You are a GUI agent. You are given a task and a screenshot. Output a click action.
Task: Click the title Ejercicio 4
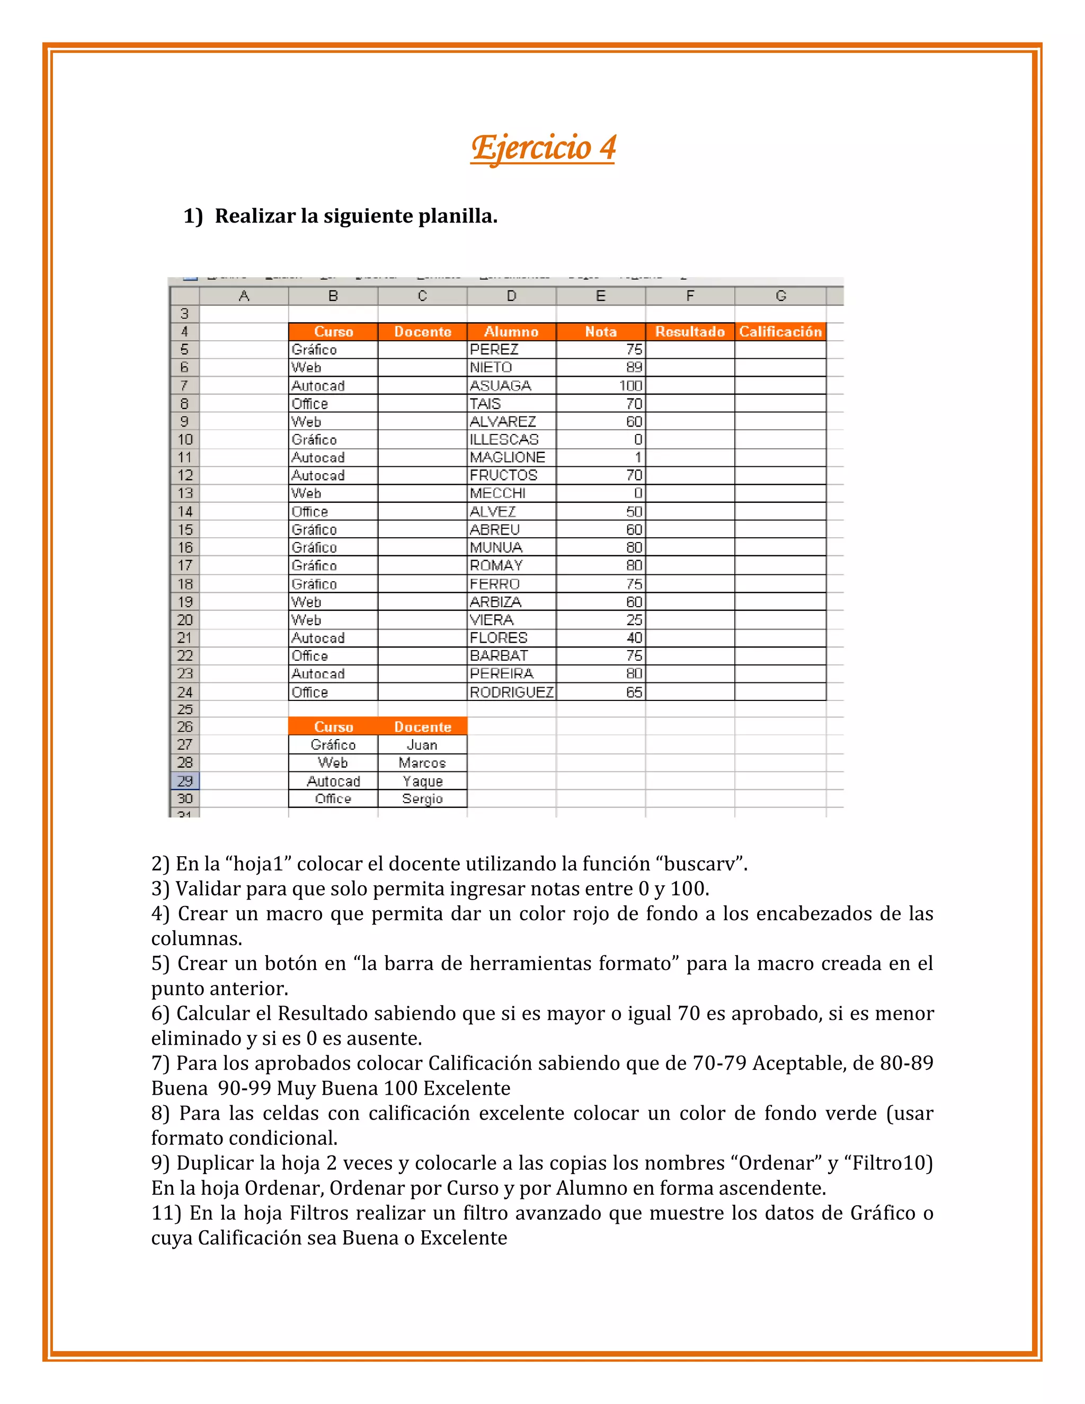pos(542,148)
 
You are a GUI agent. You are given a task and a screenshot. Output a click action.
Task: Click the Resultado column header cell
pos(690,332)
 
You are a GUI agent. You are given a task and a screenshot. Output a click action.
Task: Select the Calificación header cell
pos(780,332)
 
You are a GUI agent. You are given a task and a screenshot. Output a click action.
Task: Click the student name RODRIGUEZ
pos(511,692)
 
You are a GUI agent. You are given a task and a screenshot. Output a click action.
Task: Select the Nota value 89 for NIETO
pos(634,368)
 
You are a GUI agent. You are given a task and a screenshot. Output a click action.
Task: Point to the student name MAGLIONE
pos(507,457)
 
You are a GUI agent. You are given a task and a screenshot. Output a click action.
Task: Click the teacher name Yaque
pos(422,781)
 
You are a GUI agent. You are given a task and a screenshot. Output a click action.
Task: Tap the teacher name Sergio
pos(422,799)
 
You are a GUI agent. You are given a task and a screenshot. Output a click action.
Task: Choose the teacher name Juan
pos(422,745)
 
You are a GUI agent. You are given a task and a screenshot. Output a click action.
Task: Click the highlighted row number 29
pos(184,781)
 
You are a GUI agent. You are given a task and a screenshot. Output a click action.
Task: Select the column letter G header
pos(780,296)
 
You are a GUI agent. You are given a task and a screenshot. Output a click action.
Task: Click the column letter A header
pos(244,296)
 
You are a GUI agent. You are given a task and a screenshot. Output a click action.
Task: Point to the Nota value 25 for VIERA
pos(634,620)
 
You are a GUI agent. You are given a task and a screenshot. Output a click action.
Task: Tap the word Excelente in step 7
pos(467,1088)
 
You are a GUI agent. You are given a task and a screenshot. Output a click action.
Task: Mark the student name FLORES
pos(498,638)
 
